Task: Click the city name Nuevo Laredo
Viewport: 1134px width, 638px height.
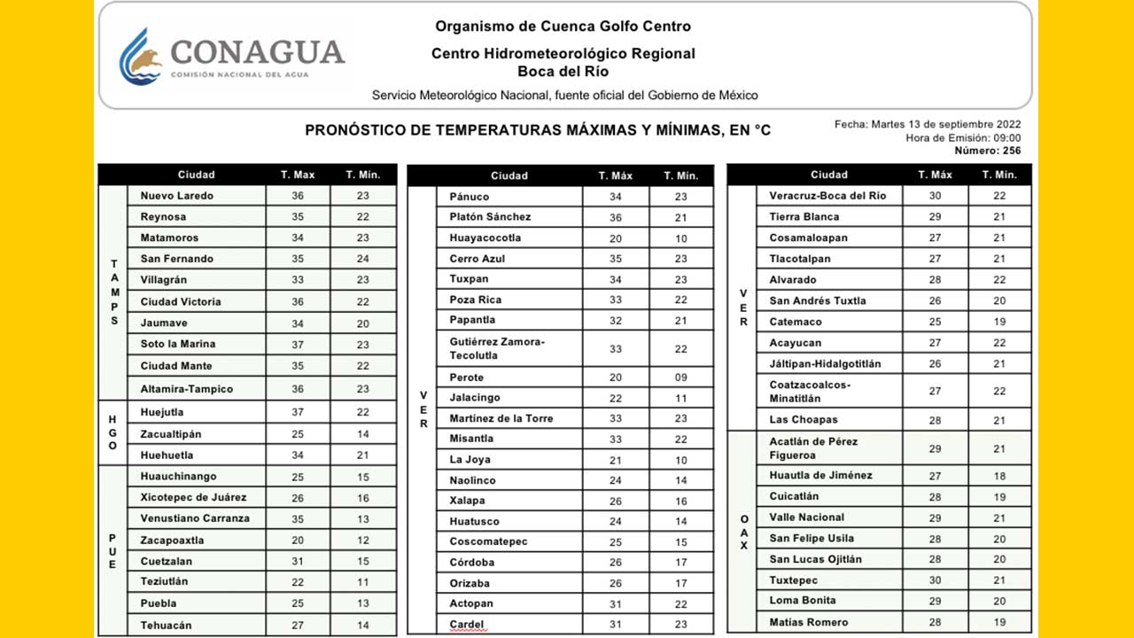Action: click(x=177, y=196)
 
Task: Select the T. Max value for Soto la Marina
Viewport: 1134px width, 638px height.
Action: click(x=298, y=345)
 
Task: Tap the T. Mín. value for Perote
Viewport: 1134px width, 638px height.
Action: click(x=680, y=377)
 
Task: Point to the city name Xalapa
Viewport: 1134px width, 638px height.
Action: click(x=467, y=502)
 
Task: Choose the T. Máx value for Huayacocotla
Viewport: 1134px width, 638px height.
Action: click(x=615, y=238)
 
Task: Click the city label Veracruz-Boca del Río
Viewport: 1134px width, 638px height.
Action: click(x=827, y=196)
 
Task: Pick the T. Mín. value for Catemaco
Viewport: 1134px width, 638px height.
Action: click(x=999, y=323)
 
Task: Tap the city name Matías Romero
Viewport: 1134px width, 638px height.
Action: click(x=809, y=623)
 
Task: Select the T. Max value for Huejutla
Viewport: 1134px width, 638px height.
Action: click(x=298, y=412)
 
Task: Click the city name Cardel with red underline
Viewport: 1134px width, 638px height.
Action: click(x=467, y=626)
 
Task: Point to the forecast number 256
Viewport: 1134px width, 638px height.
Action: click(x=1011, y=151)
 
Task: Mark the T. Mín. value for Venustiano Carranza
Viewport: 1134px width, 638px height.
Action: click(x=362, y=519)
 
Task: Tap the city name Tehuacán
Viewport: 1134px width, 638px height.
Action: click(x=166, y=626)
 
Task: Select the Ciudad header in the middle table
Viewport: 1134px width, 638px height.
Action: click(x=509, y=175)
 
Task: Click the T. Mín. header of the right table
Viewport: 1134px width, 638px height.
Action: click(x=999, y=175)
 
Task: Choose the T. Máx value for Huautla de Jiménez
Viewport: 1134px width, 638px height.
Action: click(x=935, y=476)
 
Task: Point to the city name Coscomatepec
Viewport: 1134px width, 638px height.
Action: click(x=490, y=542)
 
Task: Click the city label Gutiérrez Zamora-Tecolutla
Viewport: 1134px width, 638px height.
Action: click(x=497, y=348)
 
